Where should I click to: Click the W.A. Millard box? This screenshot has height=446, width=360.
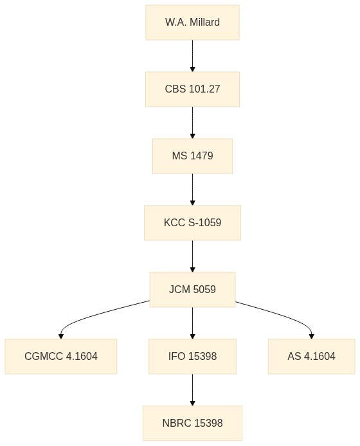(x=192, y=22)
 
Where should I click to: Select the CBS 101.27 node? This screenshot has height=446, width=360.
(x=192, y=89)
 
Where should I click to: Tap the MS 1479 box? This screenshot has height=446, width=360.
(x=192, y=156)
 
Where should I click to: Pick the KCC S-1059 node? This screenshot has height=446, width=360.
(x=192, y=223)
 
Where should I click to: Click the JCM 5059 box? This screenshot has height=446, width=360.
(x=192, y=290)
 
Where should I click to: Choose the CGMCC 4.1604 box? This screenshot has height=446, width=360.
(x=61, y=357)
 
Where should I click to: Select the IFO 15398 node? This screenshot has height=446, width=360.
(x=192, y=357)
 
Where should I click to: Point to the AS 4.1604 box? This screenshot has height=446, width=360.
(x=311, y=357)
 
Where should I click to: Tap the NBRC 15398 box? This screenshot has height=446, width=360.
(x=192, y=424)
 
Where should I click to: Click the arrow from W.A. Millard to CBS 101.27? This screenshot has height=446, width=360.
(x=192, y=56)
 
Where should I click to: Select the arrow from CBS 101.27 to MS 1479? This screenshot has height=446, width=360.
(x=192, y=123)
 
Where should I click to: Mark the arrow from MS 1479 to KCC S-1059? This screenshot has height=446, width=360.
(x=192, y=190)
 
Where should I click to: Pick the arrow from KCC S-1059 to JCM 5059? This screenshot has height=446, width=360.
(x=192, y=256)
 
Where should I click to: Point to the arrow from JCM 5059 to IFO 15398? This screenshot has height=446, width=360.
(x=192, y=323)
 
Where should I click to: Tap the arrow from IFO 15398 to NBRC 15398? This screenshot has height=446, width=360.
(x=192, y=390)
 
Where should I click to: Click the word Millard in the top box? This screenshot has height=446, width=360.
(x=204, y=22)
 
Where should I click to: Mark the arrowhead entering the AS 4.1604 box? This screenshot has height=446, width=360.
(x=311, y=337)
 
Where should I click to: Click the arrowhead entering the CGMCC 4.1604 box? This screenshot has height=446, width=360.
(x=61, y=337)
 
